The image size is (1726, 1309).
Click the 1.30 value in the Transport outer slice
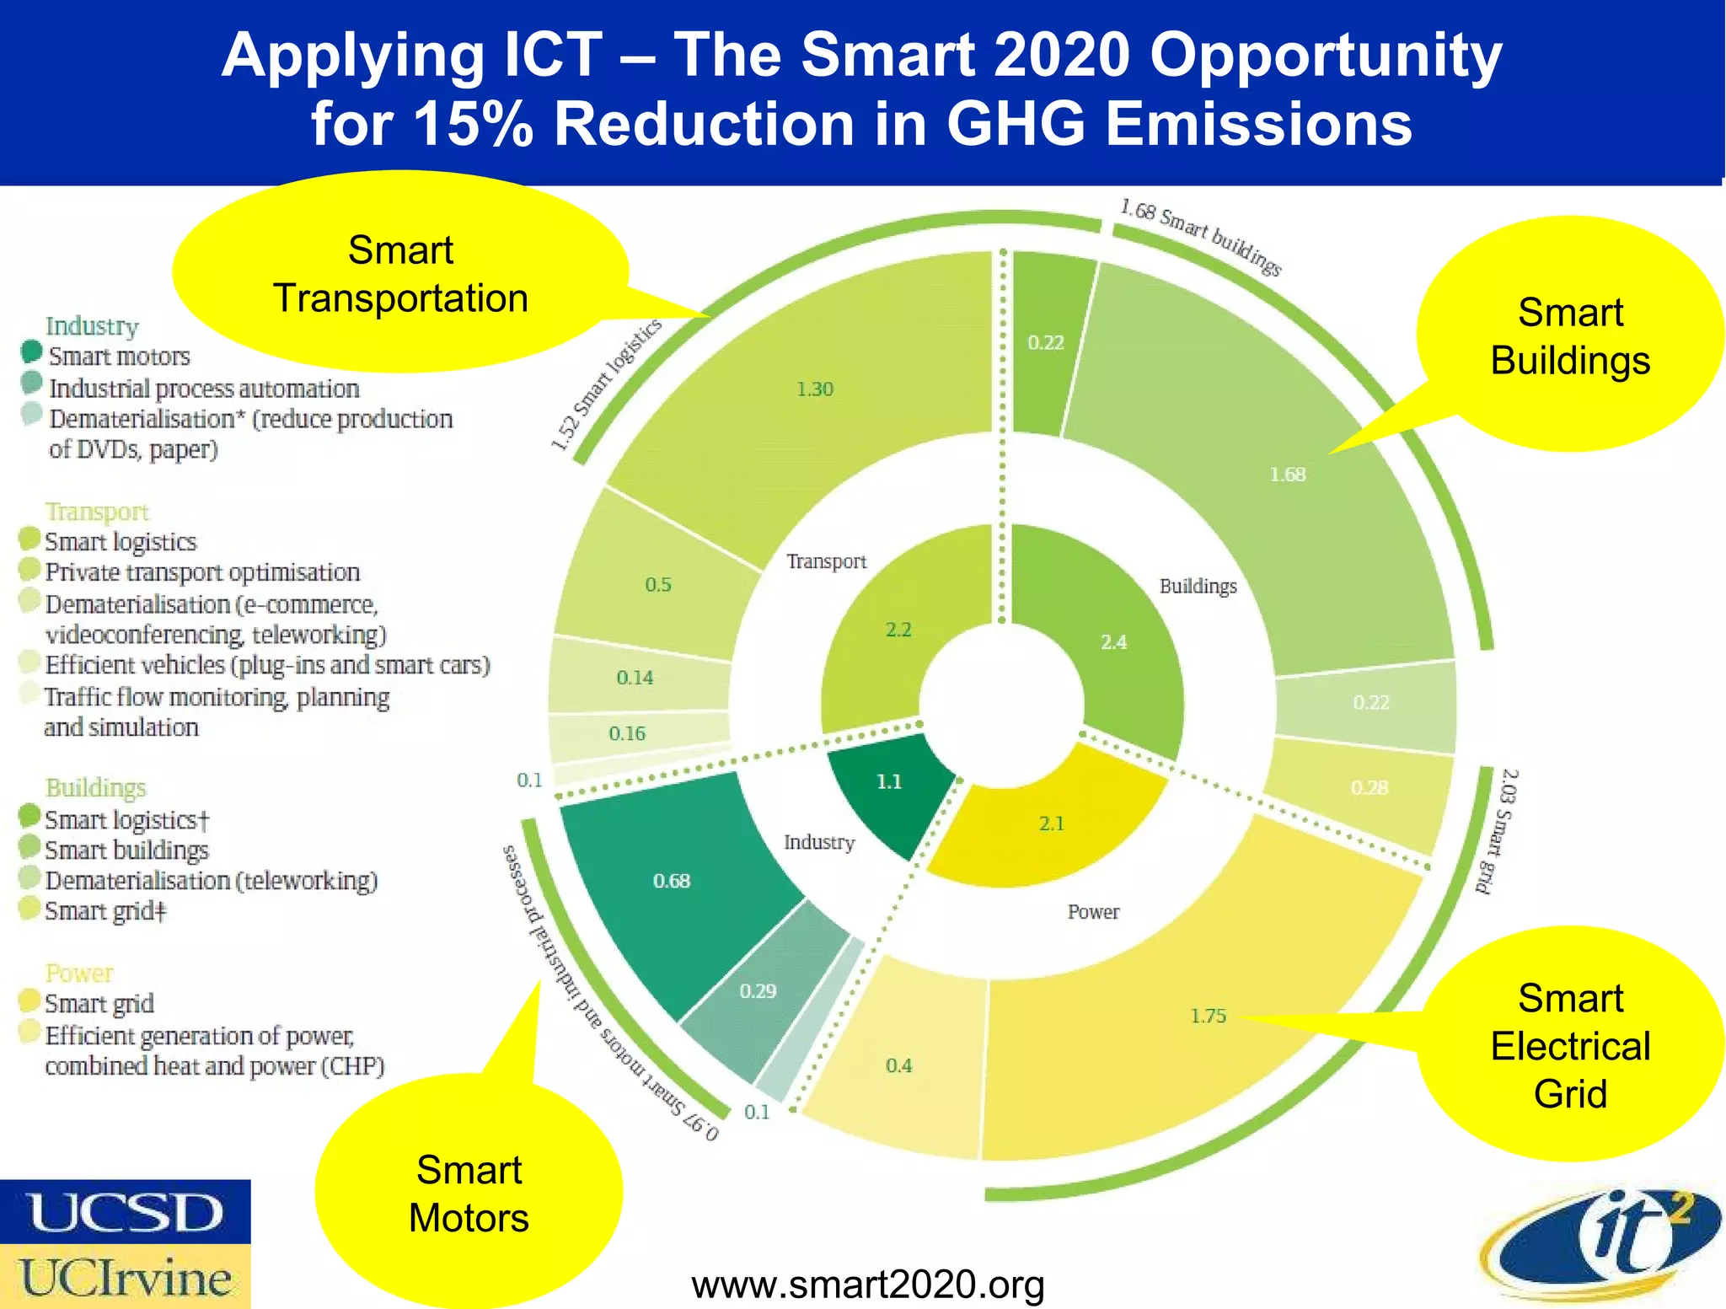(814, 389)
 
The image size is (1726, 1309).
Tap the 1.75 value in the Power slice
(1208, 1016)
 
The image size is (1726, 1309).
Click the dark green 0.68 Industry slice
(672, 881)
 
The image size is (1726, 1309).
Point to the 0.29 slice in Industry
(758, 991)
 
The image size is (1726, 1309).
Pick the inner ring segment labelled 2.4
(1113, 642)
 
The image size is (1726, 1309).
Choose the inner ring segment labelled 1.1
(889, 782)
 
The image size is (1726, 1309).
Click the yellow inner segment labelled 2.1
(1051, 823)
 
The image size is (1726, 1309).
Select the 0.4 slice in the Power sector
(898, 1065)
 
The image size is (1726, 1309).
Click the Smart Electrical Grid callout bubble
(1569, 1045)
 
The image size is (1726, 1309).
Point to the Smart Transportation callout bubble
(400, 274)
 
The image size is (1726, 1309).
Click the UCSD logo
(125, 1212)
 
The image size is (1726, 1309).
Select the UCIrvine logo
(125, 1277)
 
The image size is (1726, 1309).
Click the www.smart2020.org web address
(868, 1285)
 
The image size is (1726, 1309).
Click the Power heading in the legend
(78, 973)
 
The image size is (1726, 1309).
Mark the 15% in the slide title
(473, 124)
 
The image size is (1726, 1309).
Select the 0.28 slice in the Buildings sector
(1369, 787)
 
